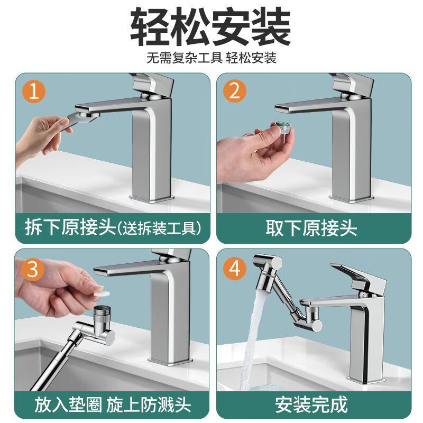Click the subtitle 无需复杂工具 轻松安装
point(212,58)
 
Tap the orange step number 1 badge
point(34,93)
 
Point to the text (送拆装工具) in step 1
point(159,228)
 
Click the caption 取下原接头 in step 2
point(311,228)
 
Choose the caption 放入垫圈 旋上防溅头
point(113,404)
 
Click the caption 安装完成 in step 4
point(311,404)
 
